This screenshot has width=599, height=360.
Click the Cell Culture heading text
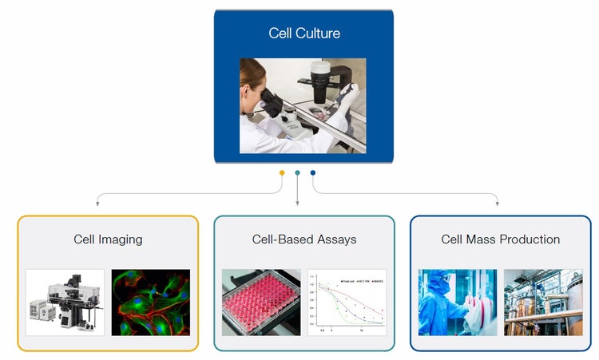coord(304,34)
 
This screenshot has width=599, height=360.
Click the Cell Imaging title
coord(108,239)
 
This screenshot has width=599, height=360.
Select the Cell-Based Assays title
coord(304,239)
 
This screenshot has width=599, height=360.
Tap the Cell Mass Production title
coord(500,239)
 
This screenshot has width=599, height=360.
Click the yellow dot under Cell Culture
coord(282,172)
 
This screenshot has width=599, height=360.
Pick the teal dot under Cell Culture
coord(297,172)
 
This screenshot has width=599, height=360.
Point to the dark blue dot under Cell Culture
coord(313,172)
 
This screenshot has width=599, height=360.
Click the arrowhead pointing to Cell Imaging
coord(98,204)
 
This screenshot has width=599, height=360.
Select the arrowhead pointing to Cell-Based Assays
coord(297,204)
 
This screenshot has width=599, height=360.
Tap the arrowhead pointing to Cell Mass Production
coord(497,204)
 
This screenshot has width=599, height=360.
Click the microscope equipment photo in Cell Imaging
coord(65,302)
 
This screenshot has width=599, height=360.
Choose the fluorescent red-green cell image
coord(150,302)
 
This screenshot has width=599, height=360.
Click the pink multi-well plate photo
coord(261,302)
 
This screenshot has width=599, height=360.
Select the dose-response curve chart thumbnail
coord(347,302)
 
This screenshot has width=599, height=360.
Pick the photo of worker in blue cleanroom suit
coord(458,302)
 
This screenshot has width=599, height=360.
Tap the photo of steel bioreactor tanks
coord(543,302)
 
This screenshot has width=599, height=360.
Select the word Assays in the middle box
coord(337,239)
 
